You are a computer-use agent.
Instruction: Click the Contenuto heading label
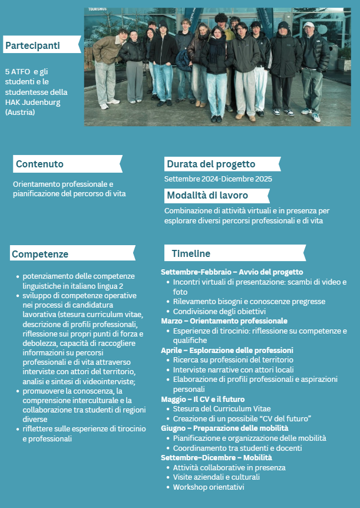(40, 164)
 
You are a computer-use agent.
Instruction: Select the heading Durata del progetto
(211, 164)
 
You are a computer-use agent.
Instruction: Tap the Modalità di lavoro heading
(207, 195)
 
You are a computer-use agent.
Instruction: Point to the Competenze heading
(40, 254)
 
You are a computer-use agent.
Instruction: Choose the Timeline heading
(191, 253)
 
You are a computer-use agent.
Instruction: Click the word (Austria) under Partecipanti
(20, 112)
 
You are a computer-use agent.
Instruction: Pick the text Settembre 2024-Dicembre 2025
(218, 179)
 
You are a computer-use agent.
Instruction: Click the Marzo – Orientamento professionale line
(224, 321)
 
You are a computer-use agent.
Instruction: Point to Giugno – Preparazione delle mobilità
(224, 428)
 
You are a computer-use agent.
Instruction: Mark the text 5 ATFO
(17, 71)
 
